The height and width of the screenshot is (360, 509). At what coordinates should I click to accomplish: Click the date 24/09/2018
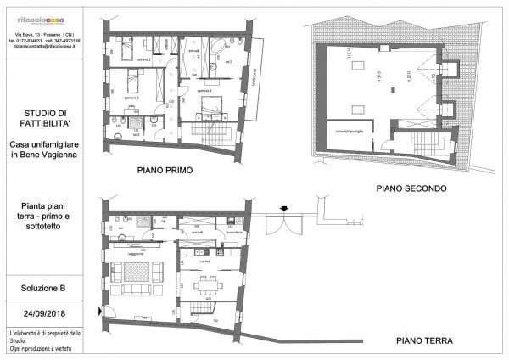45,311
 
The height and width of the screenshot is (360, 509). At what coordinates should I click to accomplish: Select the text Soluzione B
45,289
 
